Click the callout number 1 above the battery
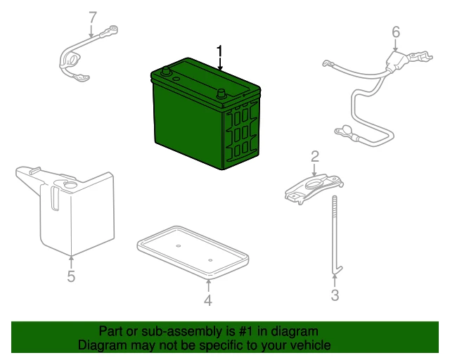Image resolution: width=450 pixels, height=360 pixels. click(219, 51)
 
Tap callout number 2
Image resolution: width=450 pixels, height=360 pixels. click(315, 157)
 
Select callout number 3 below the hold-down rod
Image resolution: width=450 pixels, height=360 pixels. click(335, 295)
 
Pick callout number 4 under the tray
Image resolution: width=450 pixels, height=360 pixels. click(208, 300)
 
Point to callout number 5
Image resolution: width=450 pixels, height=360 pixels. click(71, 276)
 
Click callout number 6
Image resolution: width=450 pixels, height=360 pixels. click(396, 32)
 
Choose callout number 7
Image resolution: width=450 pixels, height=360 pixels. click(93, 18)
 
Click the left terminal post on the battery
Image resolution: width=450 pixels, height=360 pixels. click(166, 71)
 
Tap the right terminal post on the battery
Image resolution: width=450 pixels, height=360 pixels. click(221, 94)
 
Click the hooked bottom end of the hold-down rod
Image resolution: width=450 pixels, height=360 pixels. click(337, 271)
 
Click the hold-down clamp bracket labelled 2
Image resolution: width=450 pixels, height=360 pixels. click(314, 188)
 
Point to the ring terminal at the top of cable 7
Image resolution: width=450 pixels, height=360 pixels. click(112, 30)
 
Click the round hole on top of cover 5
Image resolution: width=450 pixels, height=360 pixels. click(70, 185)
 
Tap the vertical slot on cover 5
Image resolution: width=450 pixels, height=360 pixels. click(56, 199)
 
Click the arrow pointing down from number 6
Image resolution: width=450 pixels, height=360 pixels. click(396, 46)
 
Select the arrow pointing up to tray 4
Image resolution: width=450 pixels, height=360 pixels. click(208, 286)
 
